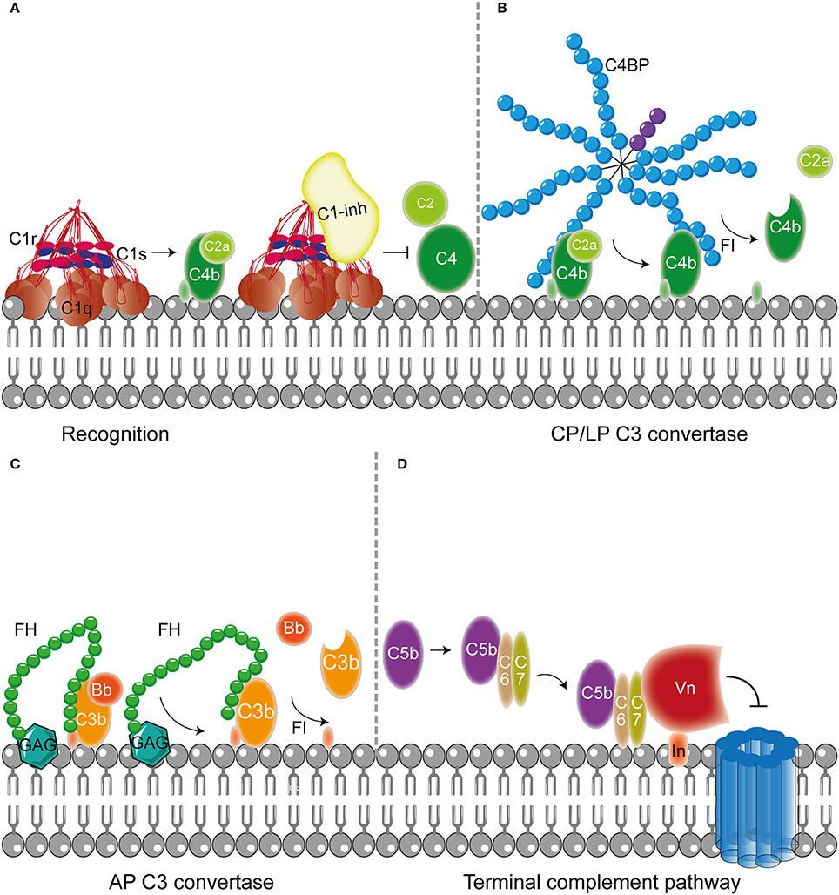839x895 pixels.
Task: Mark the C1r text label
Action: click(x=22, y=237)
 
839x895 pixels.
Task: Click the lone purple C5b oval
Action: click(x=405, y=649)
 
